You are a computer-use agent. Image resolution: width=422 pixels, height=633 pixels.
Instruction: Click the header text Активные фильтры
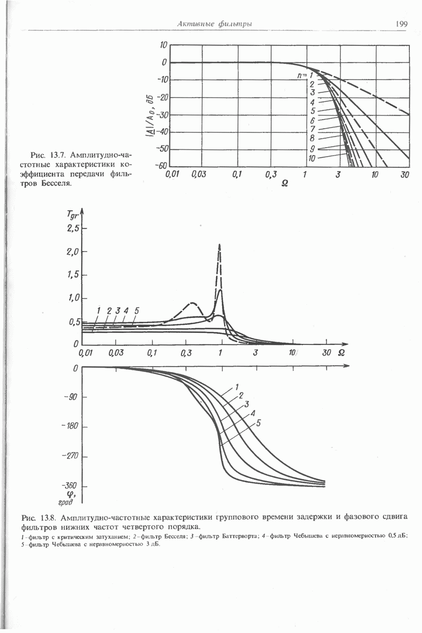(214, 24)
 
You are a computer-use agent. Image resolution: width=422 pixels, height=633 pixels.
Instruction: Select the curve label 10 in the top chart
(312, 158)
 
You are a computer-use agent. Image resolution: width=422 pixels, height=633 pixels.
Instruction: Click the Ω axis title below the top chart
(285, 183)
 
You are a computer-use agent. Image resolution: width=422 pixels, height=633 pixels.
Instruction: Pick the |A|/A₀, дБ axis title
(151, 116)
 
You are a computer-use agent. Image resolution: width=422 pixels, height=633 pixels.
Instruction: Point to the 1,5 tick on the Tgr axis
(73, 275)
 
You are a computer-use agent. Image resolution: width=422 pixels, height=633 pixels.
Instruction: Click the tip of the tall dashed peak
(219, 244)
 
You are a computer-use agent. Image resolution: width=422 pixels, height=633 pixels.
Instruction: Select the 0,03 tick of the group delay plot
(115, 352)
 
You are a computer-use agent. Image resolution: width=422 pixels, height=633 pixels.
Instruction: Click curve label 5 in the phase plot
(258, 423)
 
